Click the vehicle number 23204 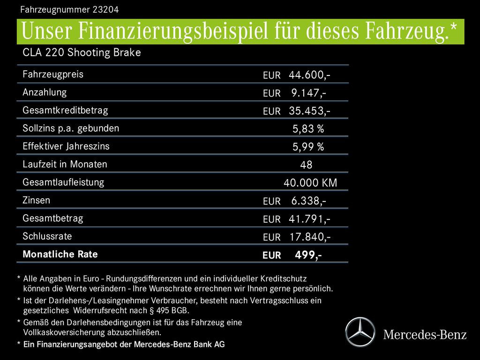[112, 9]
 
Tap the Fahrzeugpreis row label [53, 74]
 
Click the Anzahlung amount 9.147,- [308, 93]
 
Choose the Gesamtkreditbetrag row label [65, 110]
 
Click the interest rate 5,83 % [308, 129]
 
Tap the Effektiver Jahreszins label [66, 146]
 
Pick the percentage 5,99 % [308, 147]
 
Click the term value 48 [306, 165]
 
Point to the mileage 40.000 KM [310, 183]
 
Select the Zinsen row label [36, 200]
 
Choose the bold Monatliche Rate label [60, 254]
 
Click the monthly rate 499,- [308, 255]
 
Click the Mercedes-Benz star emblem [360, 331]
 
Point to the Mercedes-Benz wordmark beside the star [425, 335]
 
